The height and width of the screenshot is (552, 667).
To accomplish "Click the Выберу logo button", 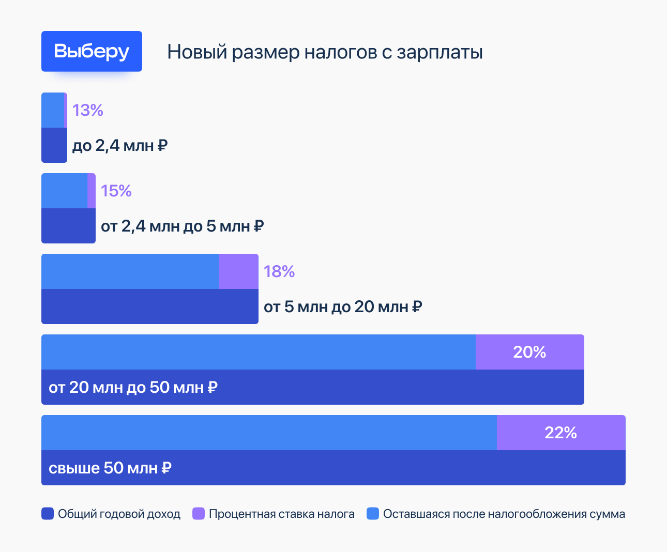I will tap(92, 51).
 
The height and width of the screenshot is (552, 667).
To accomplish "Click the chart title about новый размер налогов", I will tap(325, 52).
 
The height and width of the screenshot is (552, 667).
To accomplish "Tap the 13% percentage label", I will tap(88, 110).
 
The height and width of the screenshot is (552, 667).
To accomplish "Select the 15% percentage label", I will tap(116, 191).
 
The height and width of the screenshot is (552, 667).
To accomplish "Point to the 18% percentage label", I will tap(279, 271).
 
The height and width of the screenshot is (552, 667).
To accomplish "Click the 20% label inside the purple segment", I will tap(529, 352).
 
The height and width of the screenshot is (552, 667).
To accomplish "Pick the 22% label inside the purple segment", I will tap(560, 433).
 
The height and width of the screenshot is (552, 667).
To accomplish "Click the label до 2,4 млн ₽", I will tap(120, 146).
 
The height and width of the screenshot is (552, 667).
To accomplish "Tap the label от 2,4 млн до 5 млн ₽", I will tap(183, 226).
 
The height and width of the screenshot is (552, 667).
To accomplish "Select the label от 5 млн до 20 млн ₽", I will tap(343, 307).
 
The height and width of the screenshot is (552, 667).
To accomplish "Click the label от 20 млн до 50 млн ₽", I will tap(133, 387).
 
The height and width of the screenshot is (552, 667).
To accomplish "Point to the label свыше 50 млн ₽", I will tap(110, 468).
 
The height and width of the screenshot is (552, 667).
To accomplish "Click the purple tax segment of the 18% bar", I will tap(238, 271).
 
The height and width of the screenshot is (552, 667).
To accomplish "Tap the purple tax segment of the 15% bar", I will tap(92, 191).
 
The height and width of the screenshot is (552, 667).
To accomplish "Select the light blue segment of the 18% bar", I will tap(130, 271).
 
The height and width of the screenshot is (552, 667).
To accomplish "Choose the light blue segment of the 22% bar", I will tap(269, 433).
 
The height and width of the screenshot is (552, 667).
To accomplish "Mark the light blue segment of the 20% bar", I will tap(259, 352).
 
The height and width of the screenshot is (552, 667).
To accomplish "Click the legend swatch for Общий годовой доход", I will tap(48, 514).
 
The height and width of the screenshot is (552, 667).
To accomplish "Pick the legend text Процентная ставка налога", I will tap(282, 514).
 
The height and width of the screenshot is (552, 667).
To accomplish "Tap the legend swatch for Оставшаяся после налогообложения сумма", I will tap(373, 514).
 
